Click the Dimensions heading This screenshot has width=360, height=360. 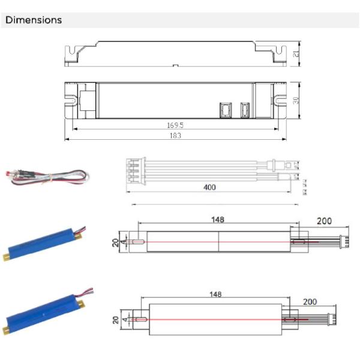pyautogui.click(x=34, y=20)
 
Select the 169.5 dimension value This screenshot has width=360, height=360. pyautogui.click(x=175, y=126)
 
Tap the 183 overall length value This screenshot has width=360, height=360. pyautogui.click(x=175, y=136)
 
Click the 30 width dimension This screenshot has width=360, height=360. pyautogui.click(x=295, y=100)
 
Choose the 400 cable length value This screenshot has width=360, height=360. pyautogui.click(x=209, y=187)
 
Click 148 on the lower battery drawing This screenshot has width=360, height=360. pyautogui.click(x=216, y=295)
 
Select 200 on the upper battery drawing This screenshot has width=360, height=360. pyautogui.click(x=324, y=221)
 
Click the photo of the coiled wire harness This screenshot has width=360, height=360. pyautogui.click(x=48, y=176)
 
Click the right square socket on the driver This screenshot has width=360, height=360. pyautogui.click(x=244, y=110)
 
